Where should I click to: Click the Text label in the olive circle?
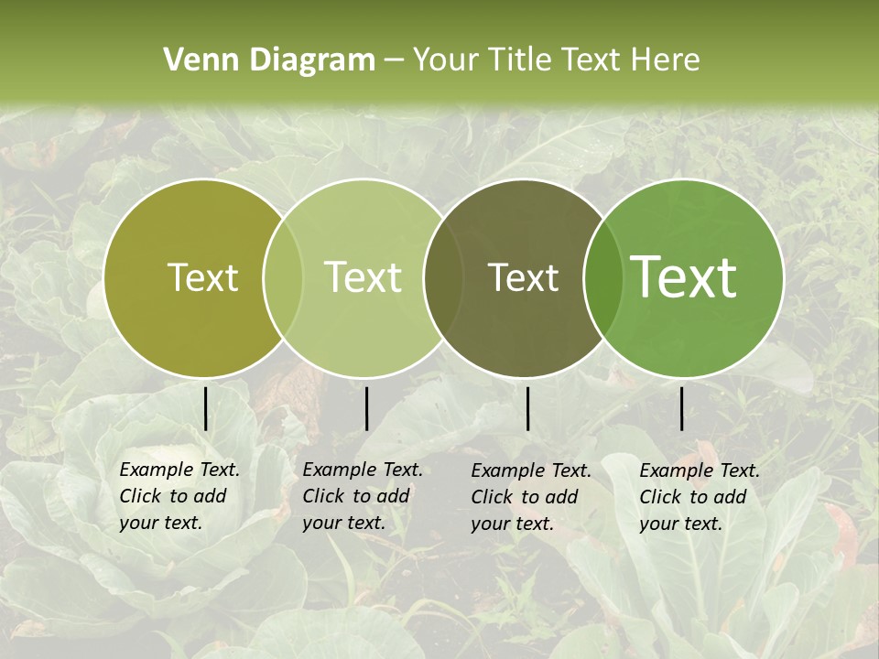[x=202, y=277]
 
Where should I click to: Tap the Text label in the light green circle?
[x=364, y=277]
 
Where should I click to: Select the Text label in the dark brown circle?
[x=524, y=277]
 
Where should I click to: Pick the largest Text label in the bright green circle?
[x=684, y=277]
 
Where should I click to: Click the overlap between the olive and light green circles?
[x=283, y=278]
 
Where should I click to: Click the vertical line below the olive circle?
[x=206, y=408]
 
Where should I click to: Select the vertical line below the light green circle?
[x=366, y=408]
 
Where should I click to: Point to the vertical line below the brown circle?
[x=528, y=408]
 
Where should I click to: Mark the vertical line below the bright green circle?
[x=682, y=408]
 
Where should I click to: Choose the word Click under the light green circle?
[x=323, y=497]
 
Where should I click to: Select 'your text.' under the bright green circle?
[x=680, y=524]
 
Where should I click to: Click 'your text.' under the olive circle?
[x=160, y=524]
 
